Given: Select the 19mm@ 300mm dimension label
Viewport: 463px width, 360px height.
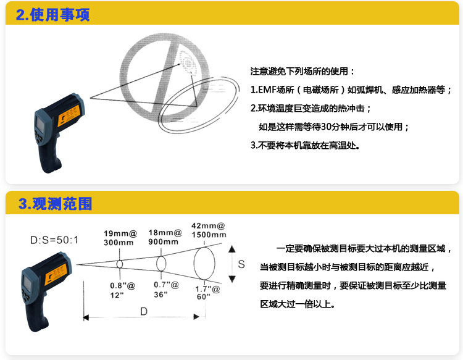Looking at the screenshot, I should (119, 238).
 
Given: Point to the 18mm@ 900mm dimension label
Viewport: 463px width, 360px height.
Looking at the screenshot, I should (165, 237).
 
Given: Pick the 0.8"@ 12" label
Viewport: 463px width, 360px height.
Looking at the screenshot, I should (119, 291).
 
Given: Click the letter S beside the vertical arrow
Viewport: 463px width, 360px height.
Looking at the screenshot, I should (241, 264).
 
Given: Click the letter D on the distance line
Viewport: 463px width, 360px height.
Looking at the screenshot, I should (143, 312).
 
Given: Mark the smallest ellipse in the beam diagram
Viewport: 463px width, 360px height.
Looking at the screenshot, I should (119, 264).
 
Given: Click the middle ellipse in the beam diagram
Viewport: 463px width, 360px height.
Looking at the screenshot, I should (162, 264).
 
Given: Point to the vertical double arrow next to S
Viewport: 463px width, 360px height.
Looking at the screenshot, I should (231, 264).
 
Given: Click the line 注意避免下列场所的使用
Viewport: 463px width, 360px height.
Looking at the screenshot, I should (302, 71).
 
